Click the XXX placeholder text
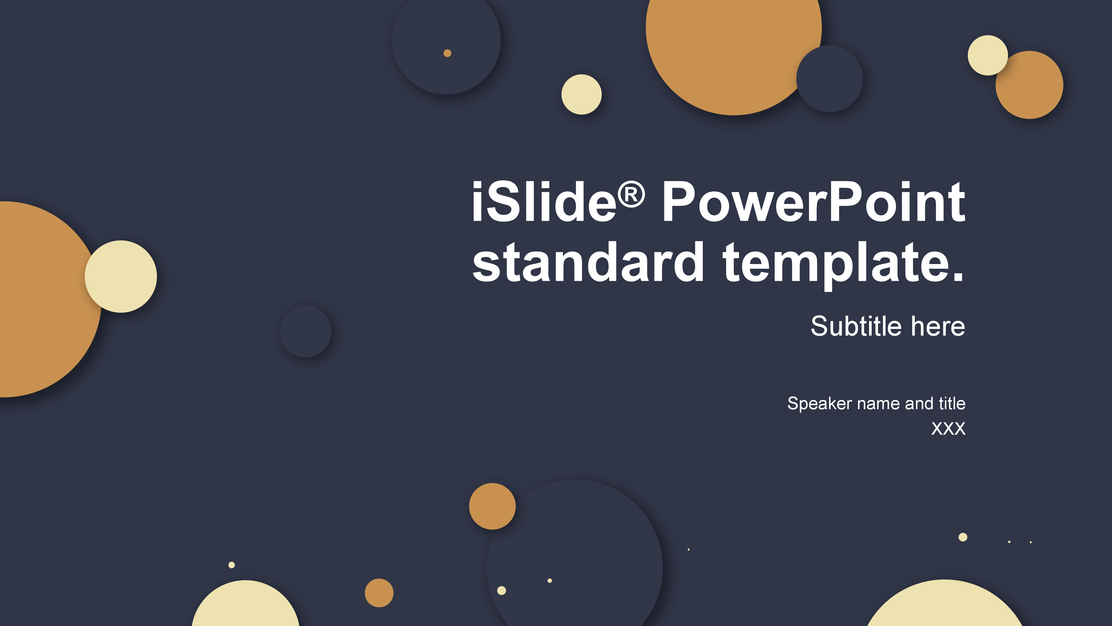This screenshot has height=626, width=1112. click(x=948, y=429)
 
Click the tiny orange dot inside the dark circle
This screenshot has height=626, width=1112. click(x=447, y=53)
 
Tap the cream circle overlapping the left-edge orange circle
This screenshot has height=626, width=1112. click(x=121, y=276)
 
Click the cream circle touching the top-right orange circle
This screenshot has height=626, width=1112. click(x=988, y=55)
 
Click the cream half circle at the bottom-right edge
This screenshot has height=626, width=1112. click(x=945, y=605)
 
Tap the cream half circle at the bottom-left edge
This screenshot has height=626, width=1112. click(x=246, y=605)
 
